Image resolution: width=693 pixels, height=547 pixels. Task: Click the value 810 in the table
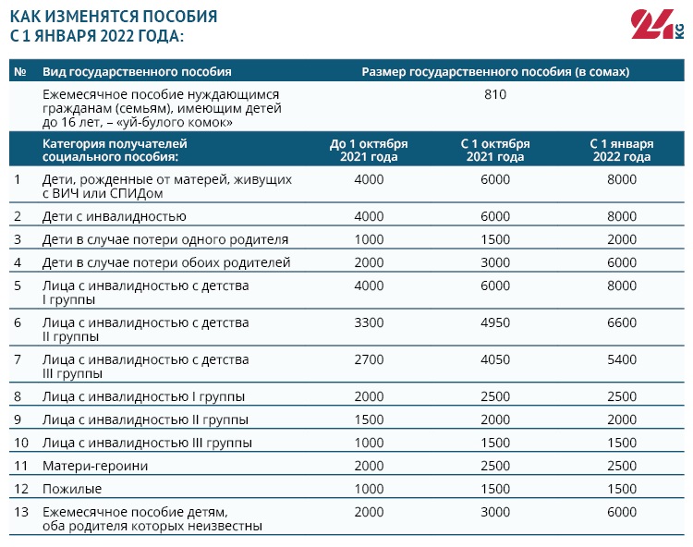495,94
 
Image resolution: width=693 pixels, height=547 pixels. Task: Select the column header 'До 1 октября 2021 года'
369,151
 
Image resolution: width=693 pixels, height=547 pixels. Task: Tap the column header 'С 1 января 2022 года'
622,151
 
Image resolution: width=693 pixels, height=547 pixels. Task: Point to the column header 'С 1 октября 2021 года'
495,151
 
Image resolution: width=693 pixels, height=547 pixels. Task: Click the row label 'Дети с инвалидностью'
115,216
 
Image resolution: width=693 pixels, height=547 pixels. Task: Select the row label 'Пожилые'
72,488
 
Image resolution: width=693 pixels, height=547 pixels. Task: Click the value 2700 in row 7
369,359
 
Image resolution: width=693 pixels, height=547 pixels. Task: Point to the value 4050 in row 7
495,359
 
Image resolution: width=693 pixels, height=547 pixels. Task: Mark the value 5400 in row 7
622,359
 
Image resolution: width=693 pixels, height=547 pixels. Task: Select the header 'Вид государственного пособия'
137,71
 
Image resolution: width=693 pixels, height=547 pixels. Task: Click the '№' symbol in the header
21,71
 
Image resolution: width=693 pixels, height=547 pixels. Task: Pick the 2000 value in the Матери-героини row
369,466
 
